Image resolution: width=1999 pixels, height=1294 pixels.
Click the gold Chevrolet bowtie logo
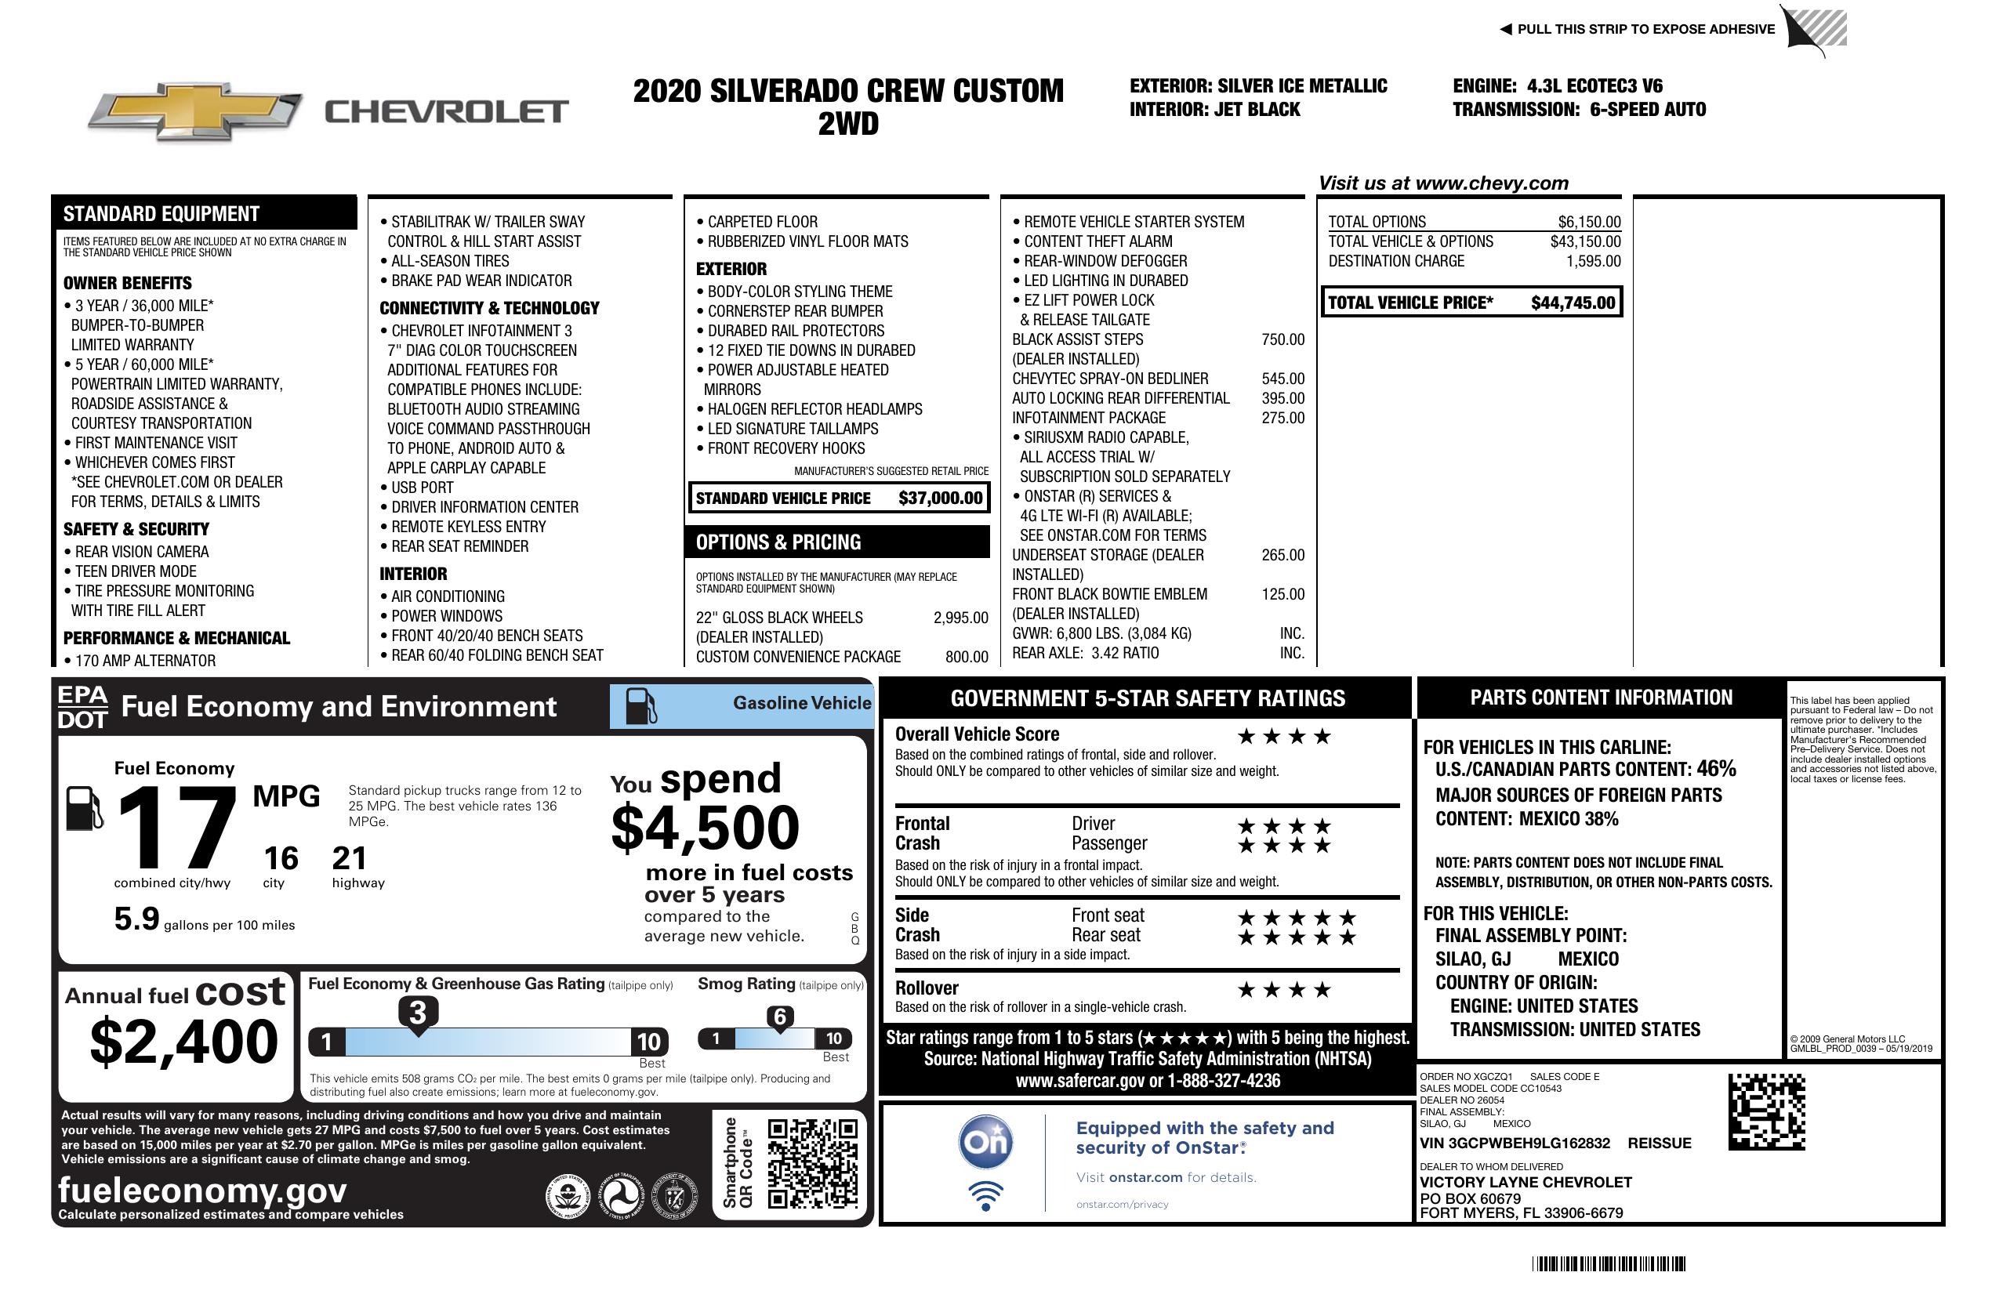[x=194, y=111]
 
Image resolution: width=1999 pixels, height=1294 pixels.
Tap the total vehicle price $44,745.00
[x=1573, y=303]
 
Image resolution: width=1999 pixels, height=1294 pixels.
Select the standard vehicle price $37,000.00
[x=940, y=498]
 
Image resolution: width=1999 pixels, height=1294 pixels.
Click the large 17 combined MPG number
[x=176, y=828]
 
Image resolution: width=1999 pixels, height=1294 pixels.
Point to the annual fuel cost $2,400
[x=184, y=1042]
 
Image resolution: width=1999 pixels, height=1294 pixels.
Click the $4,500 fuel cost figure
[x=705, y=828]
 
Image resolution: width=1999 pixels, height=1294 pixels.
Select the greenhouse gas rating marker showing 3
[x=417, y=1013]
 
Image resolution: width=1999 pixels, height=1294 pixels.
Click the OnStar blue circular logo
[x=985, y=1142]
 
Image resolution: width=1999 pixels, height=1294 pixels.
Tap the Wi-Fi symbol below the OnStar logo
[x=985, y=1195]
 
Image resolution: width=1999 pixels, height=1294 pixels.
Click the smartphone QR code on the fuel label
[x=812, y=1163]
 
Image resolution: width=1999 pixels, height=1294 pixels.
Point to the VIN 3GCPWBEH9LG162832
[x=1515, y=1143]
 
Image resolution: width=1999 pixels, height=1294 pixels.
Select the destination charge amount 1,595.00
[x=1592, y=261]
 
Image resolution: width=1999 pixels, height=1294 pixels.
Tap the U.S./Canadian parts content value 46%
[x=1715, y=768]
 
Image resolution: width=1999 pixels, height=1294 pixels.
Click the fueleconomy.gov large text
[x=202, y=1190]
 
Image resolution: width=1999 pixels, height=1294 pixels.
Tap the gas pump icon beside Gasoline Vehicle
[x=641, y=706]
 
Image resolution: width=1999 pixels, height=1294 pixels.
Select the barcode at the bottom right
[x=1608, y=1263]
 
